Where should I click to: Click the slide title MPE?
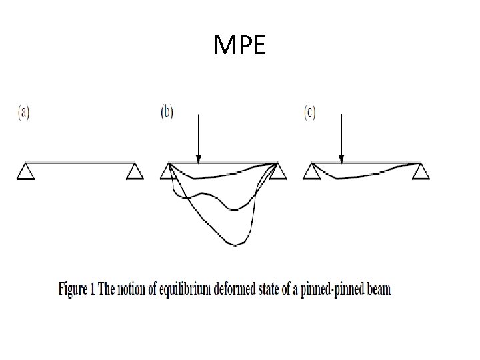240,45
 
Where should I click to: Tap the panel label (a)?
23,113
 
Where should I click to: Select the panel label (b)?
167,113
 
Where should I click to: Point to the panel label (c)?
310,113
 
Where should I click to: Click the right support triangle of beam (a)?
135,172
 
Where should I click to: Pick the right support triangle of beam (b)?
277,172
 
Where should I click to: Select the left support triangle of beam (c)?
311,172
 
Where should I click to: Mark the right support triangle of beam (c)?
420,172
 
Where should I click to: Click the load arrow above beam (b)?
198,137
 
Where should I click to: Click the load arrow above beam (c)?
341,137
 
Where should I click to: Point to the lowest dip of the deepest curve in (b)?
234,245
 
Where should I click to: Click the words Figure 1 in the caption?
77,290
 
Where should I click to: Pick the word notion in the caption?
135,290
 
